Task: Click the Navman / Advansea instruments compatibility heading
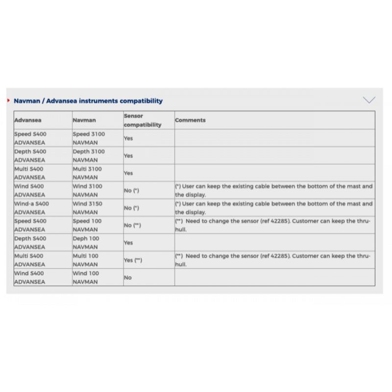click(x=88, y=101)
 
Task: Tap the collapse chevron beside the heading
click(x=369, y=100)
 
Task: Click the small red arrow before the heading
click(x=8, y=100)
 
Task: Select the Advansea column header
click(x=28, y=120)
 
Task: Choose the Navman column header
click(x=84, y=120)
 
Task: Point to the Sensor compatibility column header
click(x=142, y=120)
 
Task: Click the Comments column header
click(x=190, y=120)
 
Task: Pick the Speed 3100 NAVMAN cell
click(x=89, y=138)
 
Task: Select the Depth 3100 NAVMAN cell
click(x=89, y=156)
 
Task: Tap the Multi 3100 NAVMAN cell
click(x=87, y=173)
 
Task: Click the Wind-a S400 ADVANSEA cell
click(x=31, y=208)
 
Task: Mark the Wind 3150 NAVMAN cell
click(x=88, y=208)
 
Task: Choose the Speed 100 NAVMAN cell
click(x=87, y=225)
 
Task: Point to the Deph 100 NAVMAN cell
click(x=86, y=243)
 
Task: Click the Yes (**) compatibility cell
click(x=133, y=260)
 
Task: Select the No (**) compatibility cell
click(x=132, y=225)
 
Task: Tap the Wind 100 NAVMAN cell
click(x=86, y=277)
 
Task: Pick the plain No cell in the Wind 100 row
click(x=128, y=277)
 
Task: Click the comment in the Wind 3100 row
click(x=273, y=191)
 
